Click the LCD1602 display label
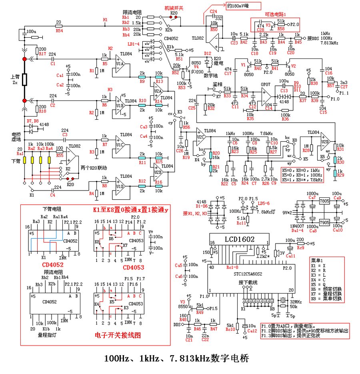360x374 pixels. [x=238, y=239]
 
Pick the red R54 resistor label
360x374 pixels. [x=59, y=30]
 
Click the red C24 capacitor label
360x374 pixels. [x=214, y=12]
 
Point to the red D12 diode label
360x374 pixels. [x=207, y=52]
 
